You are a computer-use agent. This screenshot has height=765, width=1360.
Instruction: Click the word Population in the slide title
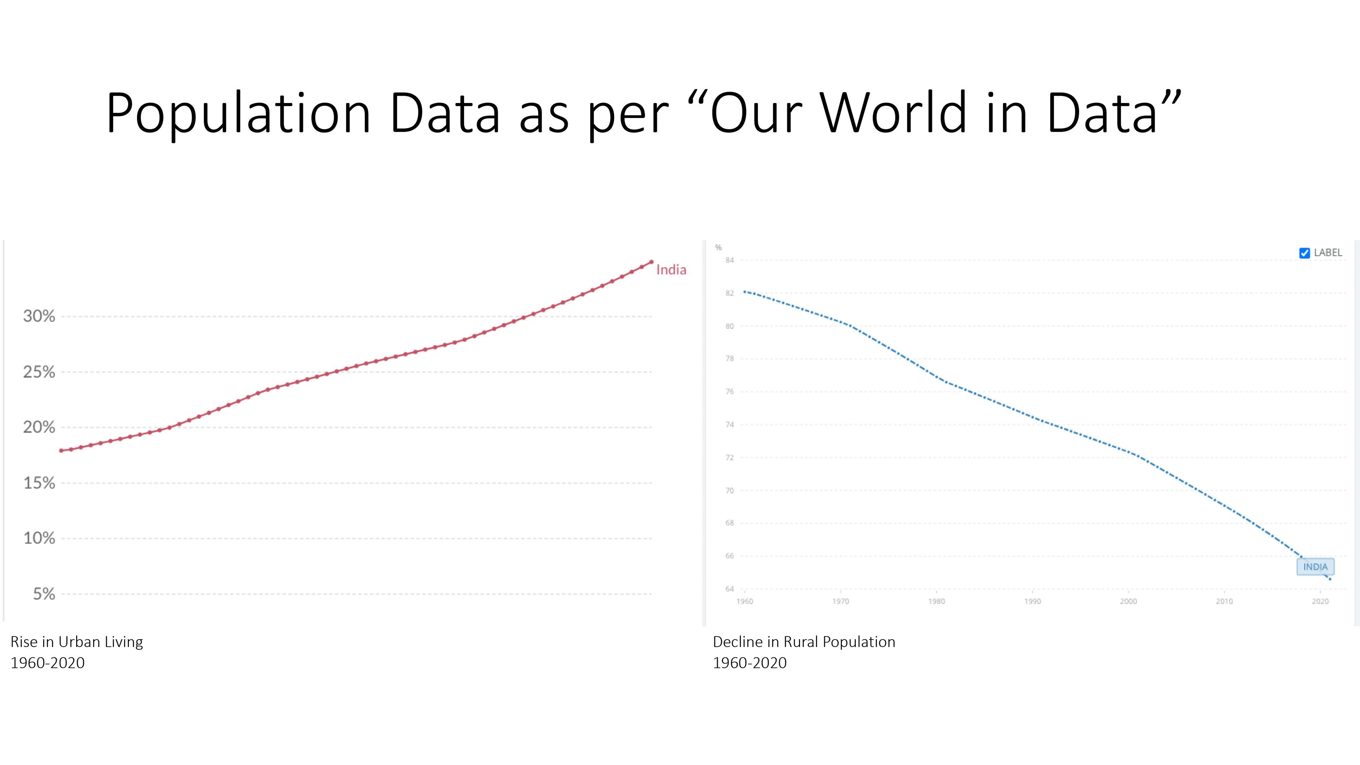tap(238, 113)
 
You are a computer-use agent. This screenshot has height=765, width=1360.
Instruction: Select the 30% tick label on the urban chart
tap(39, 316)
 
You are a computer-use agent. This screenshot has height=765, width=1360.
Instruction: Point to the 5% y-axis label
tap(44, 594)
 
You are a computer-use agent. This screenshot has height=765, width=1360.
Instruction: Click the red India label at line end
tap(671, 270)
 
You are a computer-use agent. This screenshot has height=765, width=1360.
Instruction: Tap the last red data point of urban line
tap(652, 262)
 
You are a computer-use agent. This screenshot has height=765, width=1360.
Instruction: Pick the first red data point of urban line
tap(61, 451)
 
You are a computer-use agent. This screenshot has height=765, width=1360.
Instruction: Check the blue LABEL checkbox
tap(1304, 253)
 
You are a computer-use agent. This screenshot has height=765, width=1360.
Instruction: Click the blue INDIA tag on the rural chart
tap(1315, 567)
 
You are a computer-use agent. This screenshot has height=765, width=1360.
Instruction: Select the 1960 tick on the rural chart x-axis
tap(745, 601)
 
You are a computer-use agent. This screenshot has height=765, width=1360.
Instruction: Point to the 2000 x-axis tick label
tap(1128, 601)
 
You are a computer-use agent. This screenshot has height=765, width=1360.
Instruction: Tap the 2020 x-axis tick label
tap(1320, 601)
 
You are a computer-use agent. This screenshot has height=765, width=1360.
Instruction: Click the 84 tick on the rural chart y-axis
tap(730, 260)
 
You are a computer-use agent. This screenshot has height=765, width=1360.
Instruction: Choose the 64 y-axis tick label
tap(730, 589)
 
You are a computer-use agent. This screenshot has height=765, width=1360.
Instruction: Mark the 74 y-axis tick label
tap(730, 425)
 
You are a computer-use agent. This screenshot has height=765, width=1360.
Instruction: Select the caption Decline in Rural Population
tap(804, 642)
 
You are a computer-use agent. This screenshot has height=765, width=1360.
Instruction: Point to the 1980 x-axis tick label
tap(936, 601)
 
